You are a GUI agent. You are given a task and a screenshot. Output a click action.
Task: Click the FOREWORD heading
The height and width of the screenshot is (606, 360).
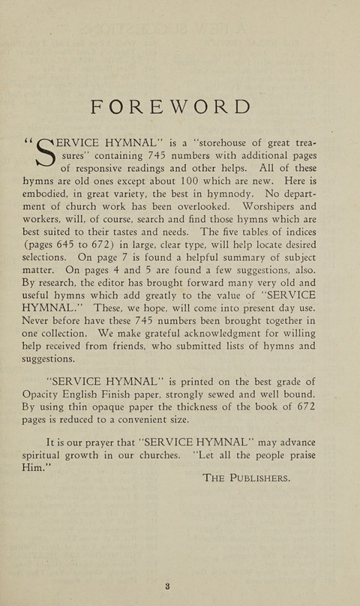170,106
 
